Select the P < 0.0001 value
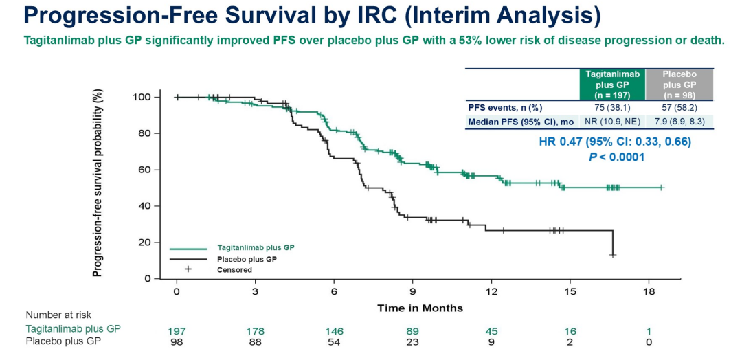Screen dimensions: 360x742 point(617,157)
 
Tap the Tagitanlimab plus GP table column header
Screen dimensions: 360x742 point(611,84)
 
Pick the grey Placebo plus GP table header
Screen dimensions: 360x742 point(679,84)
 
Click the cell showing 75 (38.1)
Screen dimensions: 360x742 point(611,107)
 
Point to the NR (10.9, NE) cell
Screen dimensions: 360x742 point(611,122)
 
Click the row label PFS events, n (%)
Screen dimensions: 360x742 point(503,107)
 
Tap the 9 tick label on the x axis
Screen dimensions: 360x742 point(412,292)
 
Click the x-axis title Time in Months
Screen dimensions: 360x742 point(420,308)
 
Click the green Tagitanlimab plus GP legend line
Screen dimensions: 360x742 point(188,248)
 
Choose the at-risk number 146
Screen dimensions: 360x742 point(334,331)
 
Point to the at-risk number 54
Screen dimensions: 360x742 point(334,341)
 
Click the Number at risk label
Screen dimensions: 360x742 point(58,315)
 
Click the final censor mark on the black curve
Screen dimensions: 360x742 point(612,254)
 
